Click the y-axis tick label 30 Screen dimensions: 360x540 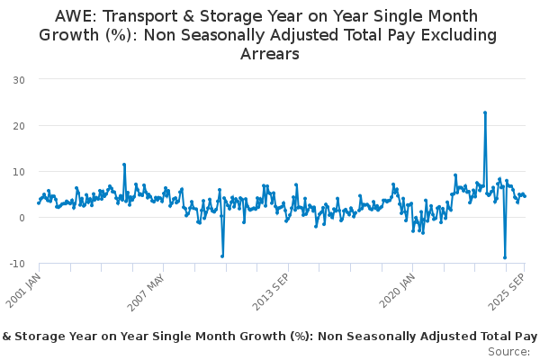pyautogui.click(x=18, y=79)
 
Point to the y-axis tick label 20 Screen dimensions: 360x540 pyautogui.click(x=18, y=125)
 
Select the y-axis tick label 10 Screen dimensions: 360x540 pyautogui.click(x=18, y=171)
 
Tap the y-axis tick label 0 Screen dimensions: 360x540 pyautogui.click(x=21, y=217)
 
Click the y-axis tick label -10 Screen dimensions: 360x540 pyautogui.click(x=16, y=263)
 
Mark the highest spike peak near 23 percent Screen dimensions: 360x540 pyautogui.click(x=485, y=112)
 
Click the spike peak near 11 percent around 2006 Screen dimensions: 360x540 pyautogui.click(x=124, y=165)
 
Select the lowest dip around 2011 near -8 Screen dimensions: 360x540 pyautogui.click(x=222, y=256)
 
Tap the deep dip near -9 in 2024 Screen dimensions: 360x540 pyautogui.click(x=505, y=257)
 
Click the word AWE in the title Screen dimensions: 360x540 pyautogui.click(x=76, y=16)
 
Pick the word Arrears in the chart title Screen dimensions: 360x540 pyautogui.click(x=269, y=54)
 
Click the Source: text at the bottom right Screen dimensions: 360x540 pyautogui.click(x=510, y=351)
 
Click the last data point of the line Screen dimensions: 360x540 pyautogui.click(x=525, y=195)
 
